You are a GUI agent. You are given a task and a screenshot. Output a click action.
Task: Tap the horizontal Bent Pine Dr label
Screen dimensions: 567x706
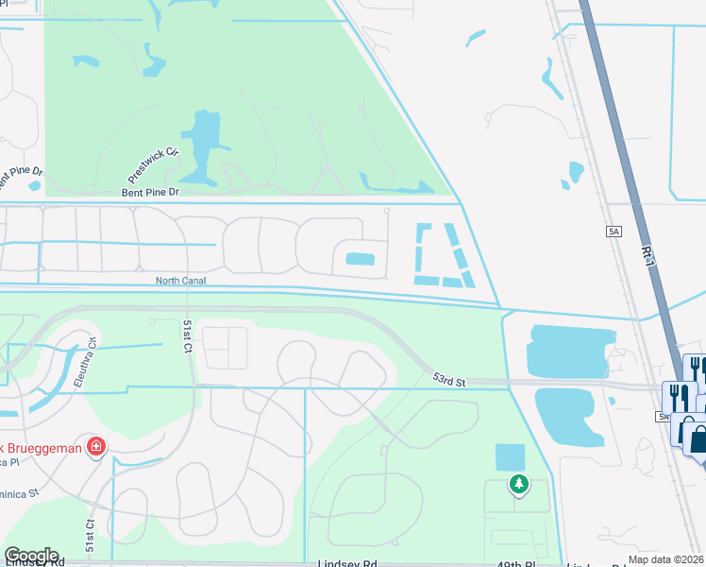pyautogui.click(x=149, y=192)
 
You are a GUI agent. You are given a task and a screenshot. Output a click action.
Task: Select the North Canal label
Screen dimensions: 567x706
pyautogui.click(x=180, y=281)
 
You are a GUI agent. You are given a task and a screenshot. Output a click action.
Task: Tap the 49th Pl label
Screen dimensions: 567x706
pyautogui.click(x=518, y=563)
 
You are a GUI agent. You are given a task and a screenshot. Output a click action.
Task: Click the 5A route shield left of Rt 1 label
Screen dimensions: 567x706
pyautogui.click(x=615, y=231)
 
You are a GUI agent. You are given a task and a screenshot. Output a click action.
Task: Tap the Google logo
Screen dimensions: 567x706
pyautogui.click(x=31, y=555)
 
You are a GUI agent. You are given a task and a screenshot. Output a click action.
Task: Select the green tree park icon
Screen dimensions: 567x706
pyautogui.click(x=518, y=485)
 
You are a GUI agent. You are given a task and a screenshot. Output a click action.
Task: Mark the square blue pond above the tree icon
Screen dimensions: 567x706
pyautogui.click(x=510, y=457)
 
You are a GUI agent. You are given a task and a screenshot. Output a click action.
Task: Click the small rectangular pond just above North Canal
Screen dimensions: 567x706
pyautogui.click(x=360, y=259)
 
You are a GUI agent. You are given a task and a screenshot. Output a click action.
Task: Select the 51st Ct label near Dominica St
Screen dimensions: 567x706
pyautogui.click(x=91, y=534)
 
